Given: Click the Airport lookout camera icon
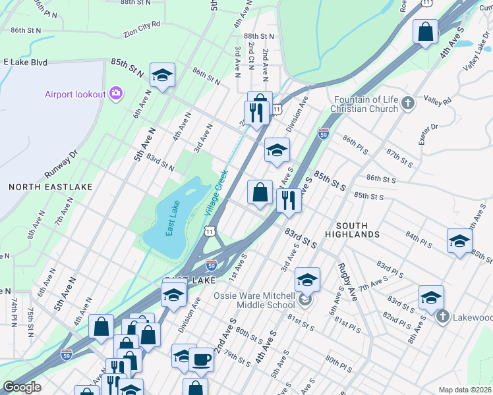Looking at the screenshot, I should (x=117, y=94).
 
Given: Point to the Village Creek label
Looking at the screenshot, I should (x=215, y=193).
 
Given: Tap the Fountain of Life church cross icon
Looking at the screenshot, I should (x=408, y=103).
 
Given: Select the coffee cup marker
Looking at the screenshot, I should (x=201, y=360).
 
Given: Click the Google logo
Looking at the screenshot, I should (x=21, y=387).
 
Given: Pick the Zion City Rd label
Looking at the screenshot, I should (x=142, y=28).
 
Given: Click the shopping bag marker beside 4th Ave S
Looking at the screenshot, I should (x=426, y=31).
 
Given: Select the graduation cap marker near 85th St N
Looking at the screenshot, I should (x=161, y=75).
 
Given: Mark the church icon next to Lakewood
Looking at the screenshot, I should (x=441, y=317).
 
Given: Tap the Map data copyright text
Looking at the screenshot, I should (x=465, y=390).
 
